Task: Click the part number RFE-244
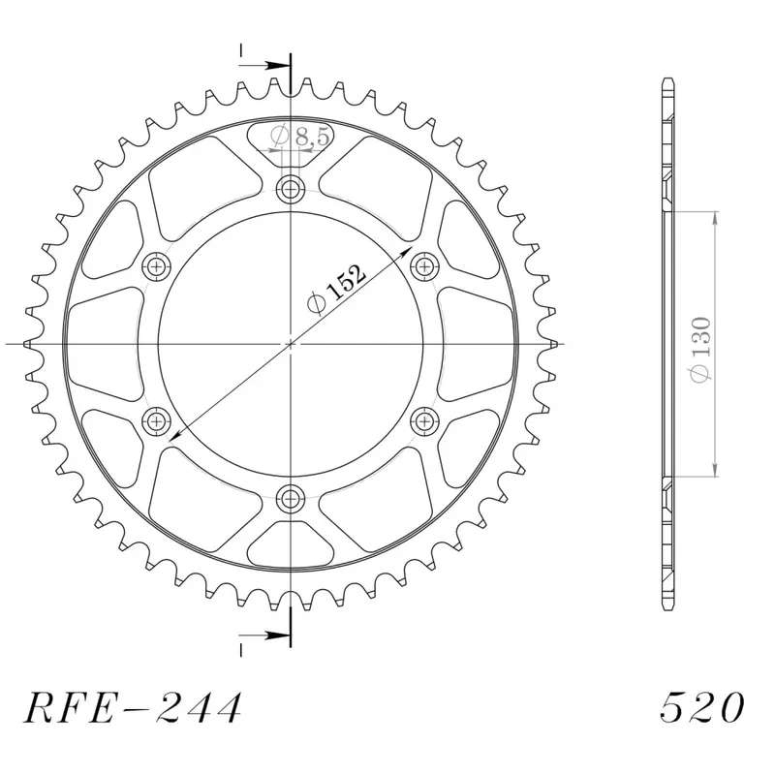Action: coord(133,707)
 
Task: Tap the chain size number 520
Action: coord(701,707)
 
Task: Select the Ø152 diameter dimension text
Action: coord(336,290)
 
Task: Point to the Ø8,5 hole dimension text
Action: coord(299,136)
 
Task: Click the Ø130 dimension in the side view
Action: coord(701,349)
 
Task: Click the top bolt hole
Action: coord(290,189)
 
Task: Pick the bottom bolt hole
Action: coord(290,498)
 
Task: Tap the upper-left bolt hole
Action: coord(157,267)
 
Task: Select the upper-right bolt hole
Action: coord(424,267)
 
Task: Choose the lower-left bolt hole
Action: coord(157,421)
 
